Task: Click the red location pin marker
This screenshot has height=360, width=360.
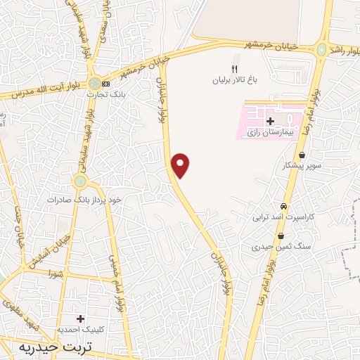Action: (x=181, y=165)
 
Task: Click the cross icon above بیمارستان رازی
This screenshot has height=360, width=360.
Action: (x=271, y=122)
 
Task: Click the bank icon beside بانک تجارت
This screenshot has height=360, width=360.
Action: (x=106, y=84)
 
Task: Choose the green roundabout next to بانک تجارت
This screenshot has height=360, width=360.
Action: (x=94, y=84)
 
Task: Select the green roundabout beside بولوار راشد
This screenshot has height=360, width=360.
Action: (x=321, y=50)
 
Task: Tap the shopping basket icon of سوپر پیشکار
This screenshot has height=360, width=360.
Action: (x=302, y=155)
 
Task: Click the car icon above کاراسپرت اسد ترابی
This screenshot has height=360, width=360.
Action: (x=283, y=207)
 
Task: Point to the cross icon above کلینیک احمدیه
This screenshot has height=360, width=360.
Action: (x=79, y=319)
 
